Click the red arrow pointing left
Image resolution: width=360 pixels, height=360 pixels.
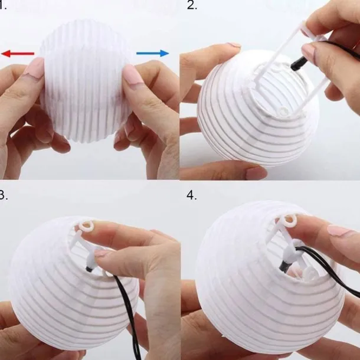[18, 54]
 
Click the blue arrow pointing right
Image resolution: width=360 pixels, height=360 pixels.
[153, 53]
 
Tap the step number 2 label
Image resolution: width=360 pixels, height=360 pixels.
[192, 5]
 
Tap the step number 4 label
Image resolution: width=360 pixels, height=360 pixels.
[191, 195]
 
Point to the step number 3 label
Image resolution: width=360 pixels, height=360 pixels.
[3, 195]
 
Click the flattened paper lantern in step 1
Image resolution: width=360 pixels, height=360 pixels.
[85, 80]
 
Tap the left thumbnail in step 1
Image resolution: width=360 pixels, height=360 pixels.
[34, 67]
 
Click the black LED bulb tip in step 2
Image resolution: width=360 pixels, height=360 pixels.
[297, 64]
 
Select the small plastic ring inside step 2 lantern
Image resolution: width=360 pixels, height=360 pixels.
[284, 112]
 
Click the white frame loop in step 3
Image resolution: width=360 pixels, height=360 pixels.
[86, 225]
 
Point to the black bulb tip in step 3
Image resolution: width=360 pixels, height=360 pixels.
[90, 268]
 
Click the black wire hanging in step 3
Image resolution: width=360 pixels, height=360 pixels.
[129, 315]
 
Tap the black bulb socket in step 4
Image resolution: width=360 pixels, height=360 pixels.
[283, 267]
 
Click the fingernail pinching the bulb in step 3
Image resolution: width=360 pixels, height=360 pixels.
[103, 253]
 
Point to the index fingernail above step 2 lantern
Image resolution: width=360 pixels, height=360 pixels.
[233, 45]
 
